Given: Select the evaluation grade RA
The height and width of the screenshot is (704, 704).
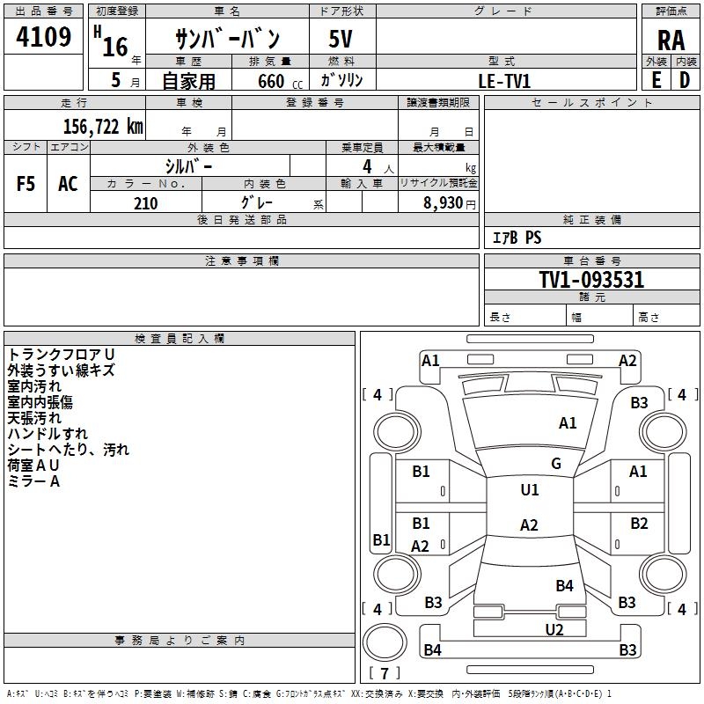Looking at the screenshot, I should pos(671,40).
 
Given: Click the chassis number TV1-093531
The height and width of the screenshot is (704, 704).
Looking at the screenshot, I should pos(591,280).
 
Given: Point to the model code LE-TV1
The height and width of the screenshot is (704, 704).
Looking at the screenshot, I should pos(504,80).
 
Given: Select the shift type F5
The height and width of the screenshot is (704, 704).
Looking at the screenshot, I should pos(26,184).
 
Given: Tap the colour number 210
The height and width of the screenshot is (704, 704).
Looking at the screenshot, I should pos(145,203).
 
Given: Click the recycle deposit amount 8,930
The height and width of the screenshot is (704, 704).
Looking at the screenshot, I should pos(444,203).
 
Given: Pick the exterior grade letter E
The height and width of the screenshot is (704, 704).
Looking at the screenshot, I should pos(656,80).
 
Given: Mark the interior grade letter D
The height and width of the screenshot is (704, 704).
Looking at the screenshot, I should pos(685,80).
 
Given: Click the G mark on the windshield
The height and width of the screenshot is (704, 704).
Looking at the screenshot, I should pos(555,464).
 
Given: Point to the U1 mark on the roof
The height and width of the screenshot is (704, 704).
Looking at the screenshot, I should pos(529,490).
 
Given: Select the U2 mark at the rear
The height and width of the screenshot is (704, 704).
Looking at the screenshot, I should pos(554,629).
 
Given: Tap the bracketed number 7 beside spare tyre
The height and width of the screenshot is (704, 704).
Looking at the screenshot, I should pos(384,674).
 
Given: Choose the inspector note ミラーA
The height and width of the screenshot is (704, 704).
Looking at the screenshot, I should pos(33,481).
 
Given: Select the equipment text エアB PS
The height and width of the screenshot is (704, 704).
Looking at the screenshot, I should pos(517,238).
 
